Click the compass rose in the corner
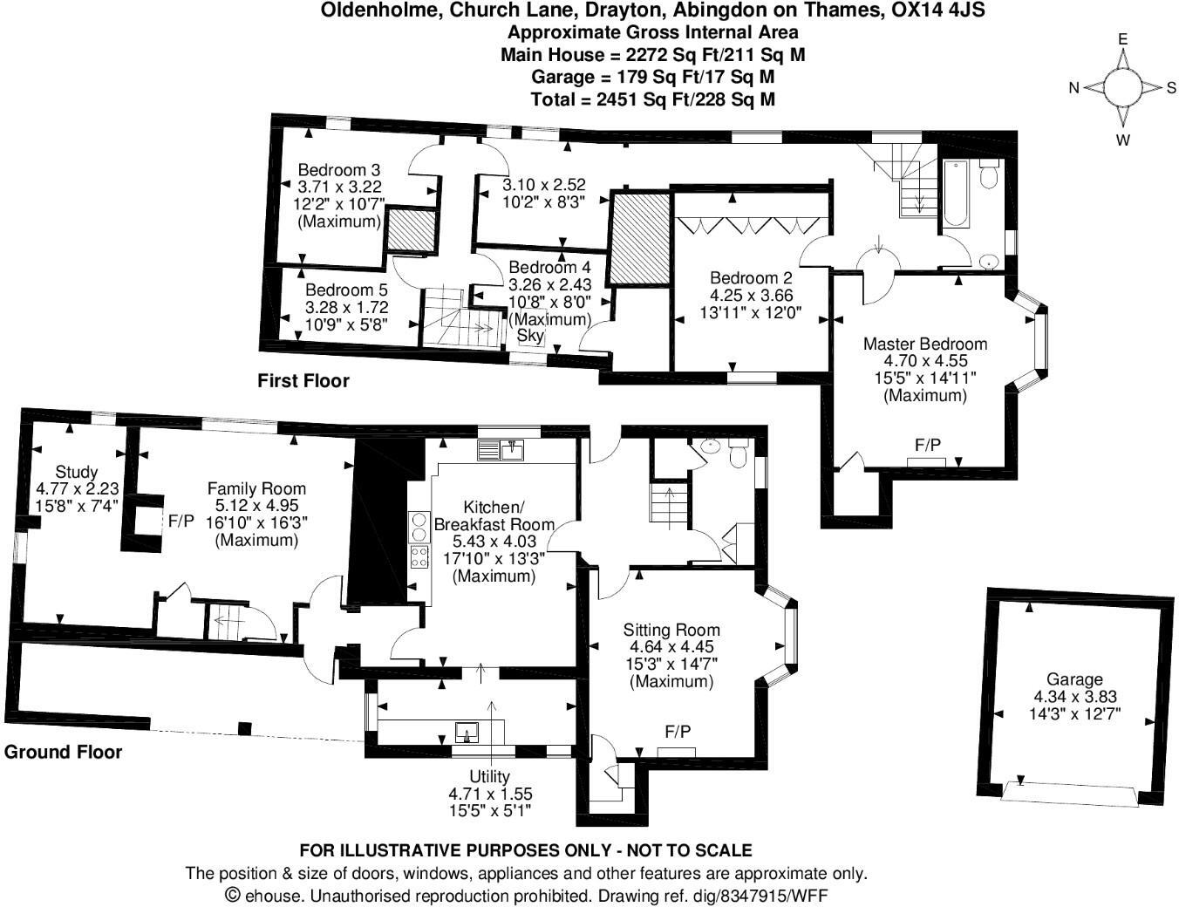click(x=1123, y=87)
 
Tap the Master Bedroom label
click(x=924, y=344)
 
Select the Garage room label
click(x=1074, y=679)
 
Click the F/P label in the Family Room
click(x=181, y=522)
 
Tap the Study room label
click(x=77, y=473)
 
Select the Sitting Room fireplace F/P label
click(x=678, y=731)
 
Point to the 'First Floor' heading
click(x=303, y=381)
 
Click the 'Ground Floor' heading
click(x=63, y=752)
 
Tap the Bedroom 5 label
click(x=346, y=290)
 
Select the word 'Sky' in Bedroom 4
click(x=530, y=335)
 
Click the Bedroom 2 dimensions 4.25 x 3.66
click(x=750, y=295)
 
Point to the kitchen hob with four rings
click(x=419, y=556)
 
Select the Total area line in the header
click(x=652, y=99)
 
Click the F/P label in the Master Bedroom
click(x=928, y=446)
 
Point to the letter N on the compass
click(x=1074, y=87)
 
